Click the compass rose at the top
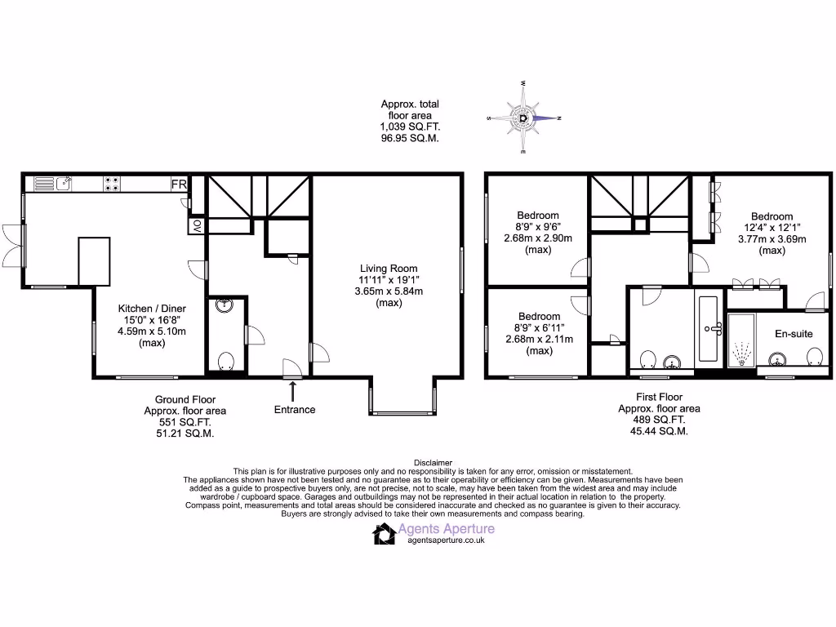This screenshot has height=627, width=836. (523, 118)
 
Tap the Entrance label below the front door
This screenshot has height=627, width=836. (295, 409)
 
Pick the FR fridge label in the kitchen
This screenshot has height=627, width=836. (179, 185)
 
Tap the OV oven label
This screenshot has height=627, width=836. (196, 226)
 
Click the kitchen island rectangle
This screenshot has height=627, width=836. (94, 261)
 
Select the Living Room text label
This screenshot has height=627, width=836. (389, 269)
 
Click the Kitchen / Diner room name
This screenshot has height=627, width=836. (152, 309)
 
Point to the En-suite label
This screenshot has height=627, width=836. (794, 334)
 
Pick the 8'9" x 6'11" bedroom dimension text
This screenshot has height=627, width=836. (539, 328)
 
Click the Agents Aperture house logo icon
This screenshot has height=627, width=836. (385, 534)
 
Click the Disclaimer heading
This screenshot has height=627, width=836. (433, 463)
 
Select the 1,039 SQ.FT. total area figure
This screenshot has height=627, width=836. (410, 127)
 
